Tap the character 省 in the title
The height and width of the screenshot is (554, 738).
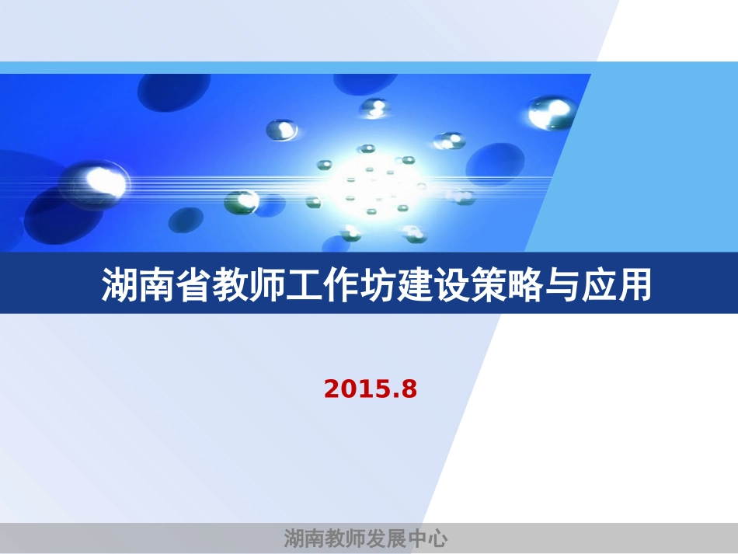point(193,286)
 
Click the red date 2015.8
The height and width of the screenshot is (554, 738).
point(371,388)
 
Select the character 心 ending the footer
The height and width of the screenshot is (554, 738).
point(437,538)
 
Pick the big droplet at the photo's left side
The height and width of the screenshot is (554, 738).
point(97,180)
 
